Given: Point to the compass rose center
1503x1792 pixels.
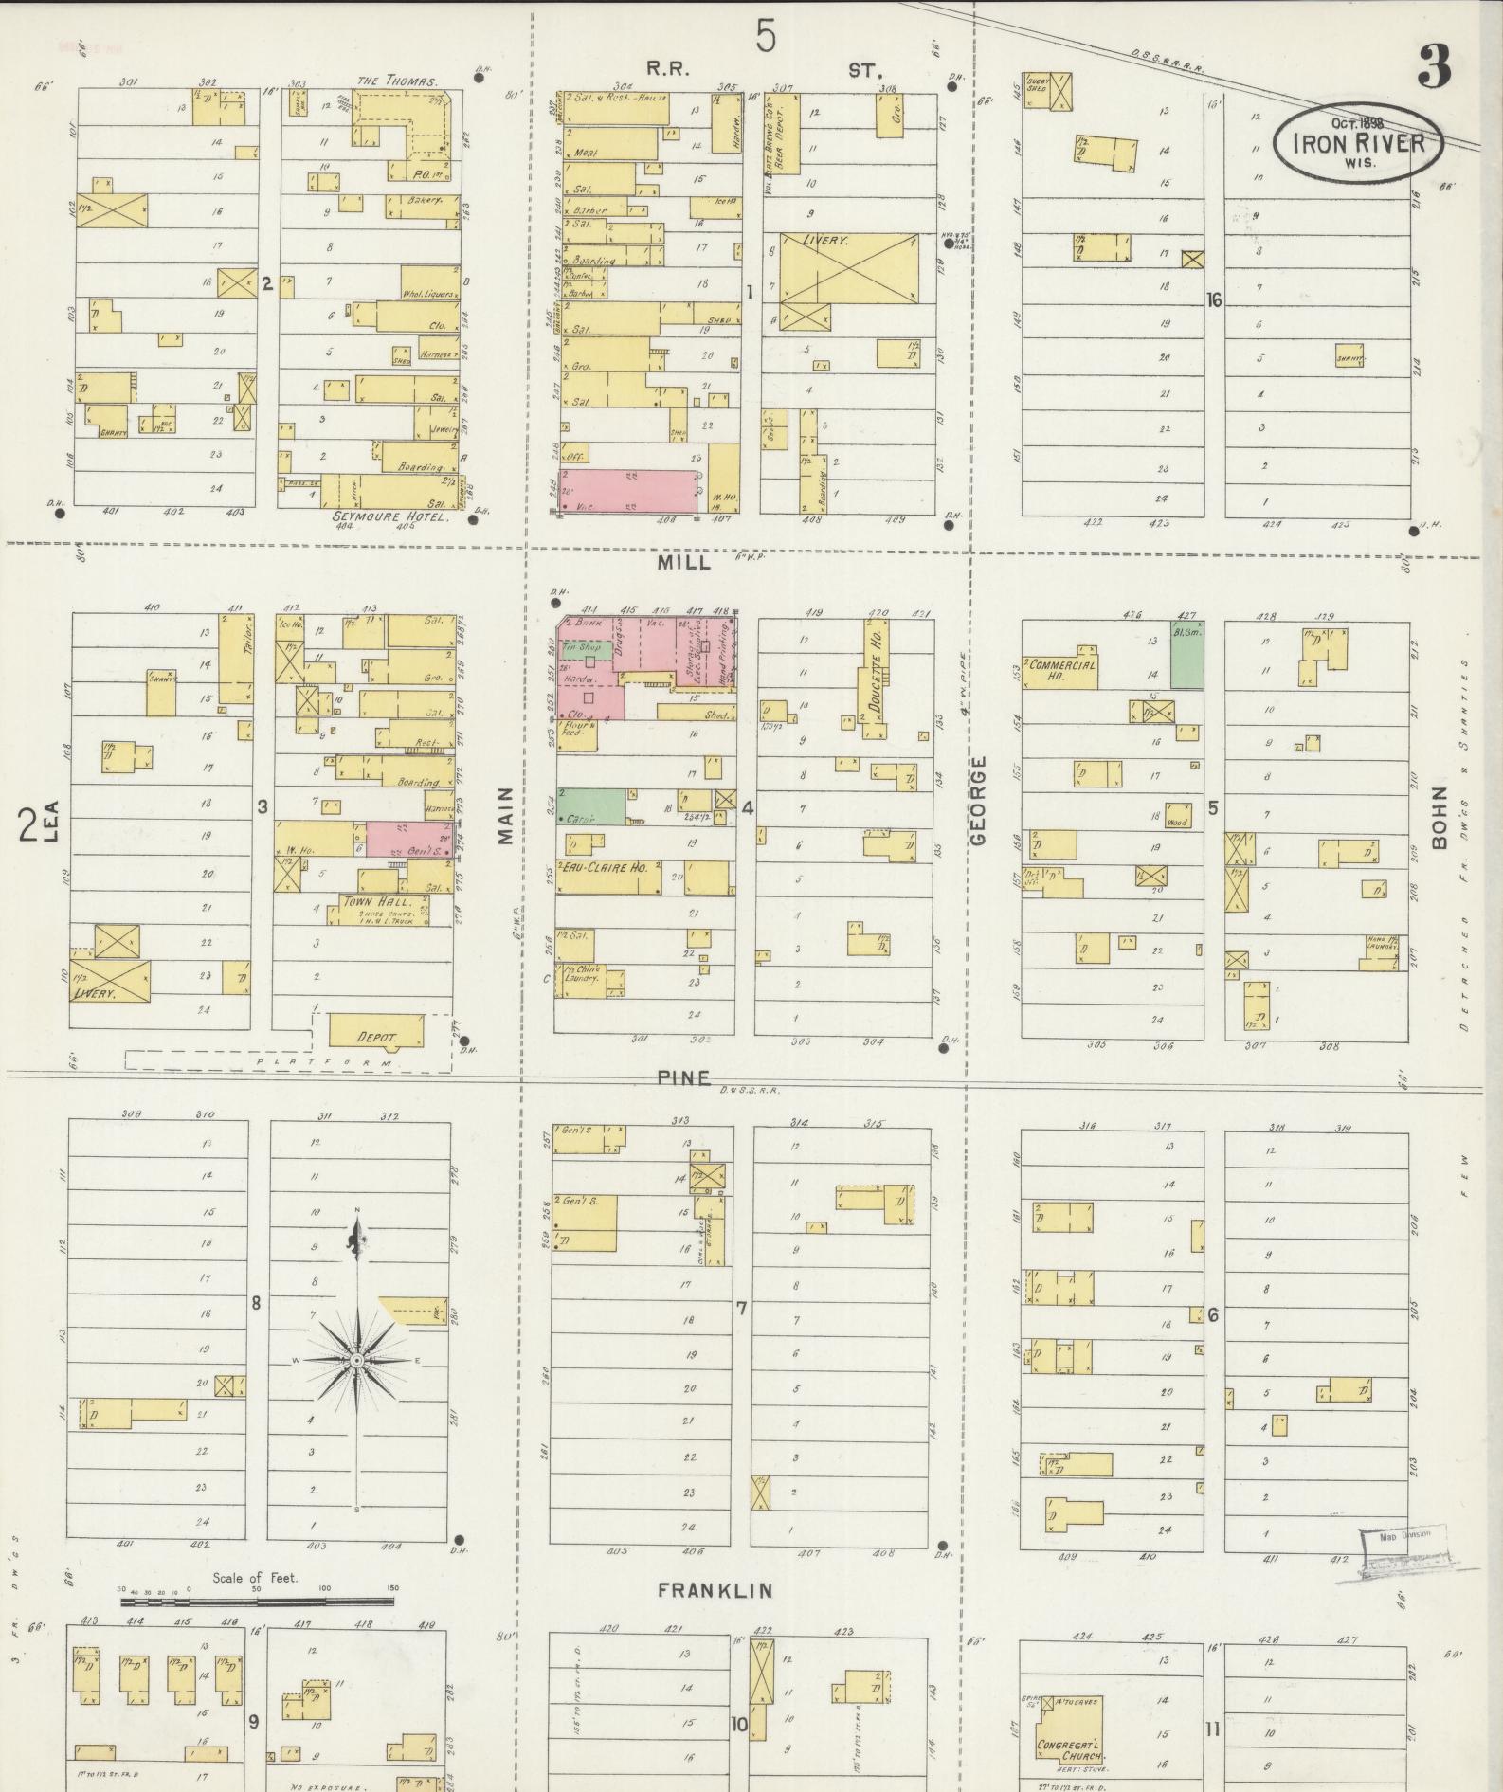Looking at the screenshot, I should click(357, 1361).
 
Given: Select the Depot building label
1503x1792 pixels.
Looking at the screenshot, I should click(376, 1038).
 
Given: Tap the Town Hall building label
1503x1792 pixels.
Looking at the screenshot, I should click(378, 901).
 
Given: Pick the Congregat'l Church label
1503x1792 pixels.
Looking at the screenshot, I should click(1069, 1750).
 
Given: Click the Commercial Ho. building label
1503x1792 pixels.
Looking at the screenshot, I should click(1061, 670).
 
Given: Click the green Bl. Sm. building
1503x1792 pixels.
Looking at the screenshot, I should click(1187, 655).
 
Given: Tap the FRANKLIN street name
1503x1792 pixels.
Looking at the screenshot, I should click(715, 1590).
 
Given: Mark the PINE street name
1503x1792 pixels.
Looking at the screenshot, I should click(682, 1077).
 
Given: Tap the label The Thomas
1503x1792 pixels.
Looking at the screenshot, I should click(397, 81).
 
